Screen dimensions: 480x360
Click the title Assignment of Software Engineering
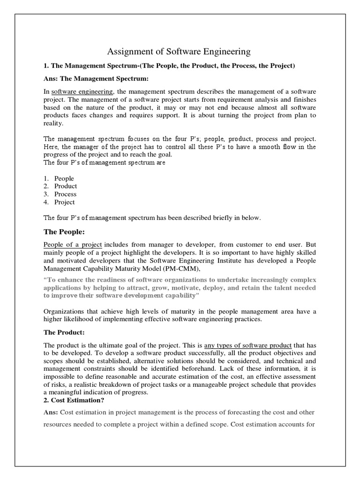tap(180, 51)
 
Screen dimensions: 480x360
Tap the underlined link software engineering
tap(82, 91)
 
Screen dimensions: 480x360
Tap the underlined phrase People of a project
tap(73, 244)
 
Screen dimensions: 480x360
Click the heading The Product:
tap(64, 332)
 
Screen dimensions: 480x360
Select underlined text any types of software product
tap(248, 345)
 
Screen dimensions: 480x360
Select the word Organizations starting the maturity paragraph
tap(64, 311)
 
